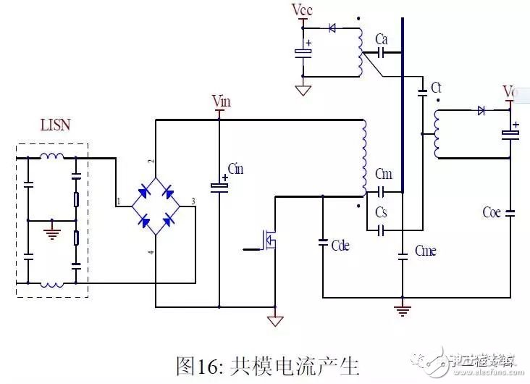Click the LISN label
[x=54, y=125]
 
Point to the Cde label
[x=340, y=246]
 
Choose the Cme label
[x=426, y=251]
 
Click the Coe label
[x=492, y=213]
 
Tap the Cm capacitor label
[x=384, y=174]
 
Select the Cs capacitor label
[x=382, y=212]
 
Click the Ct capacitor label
[x=436, y=88]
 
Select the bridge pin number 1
[x=117, y=201]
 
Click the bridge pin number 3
[x=192, y=201]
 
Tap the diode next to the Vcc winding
[x=333, y=28]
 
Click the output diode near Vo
[x=481, y=111]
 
